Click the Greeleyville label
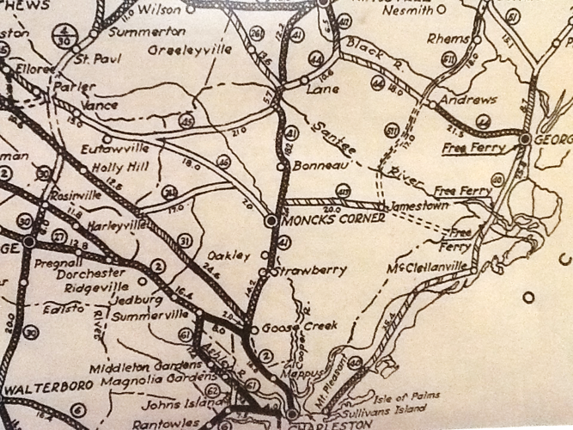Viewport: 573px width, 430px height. pos(190,50)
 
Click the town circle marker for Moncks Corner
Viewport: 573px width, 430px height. pos(271,220)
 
